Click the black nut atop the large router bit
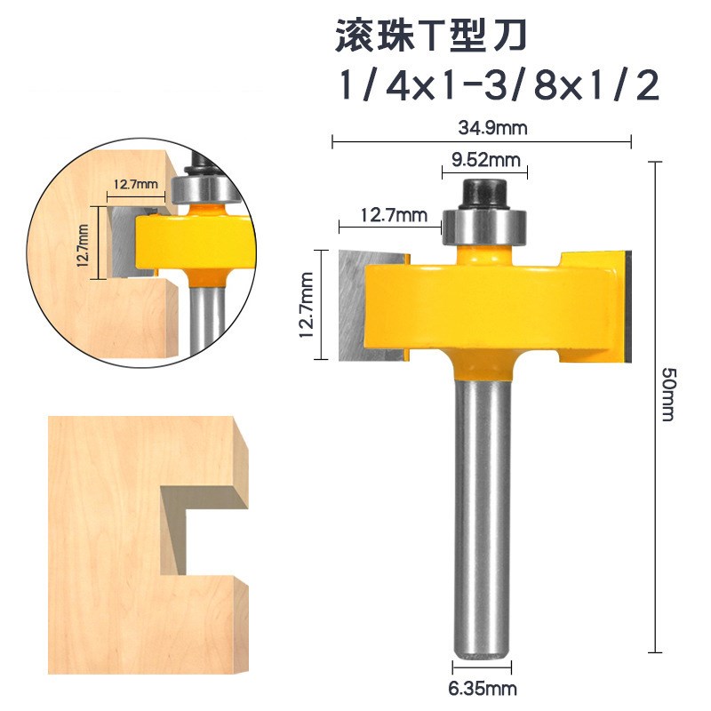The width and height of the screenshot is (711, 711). tap(485, 190)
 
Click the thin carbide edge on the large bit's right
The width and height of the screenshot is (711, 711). tap(628, 307)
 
